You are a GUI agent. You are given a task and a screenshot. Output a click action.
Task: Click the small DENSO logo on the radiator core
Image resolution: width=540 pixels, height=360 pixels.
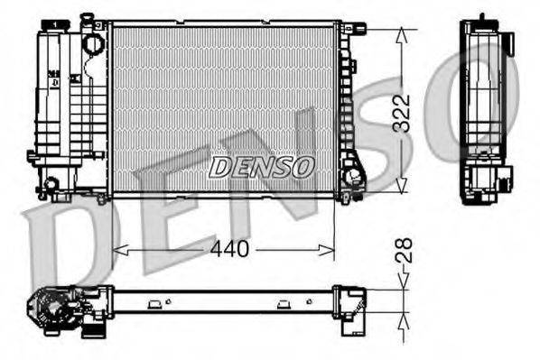(x=261, y=167)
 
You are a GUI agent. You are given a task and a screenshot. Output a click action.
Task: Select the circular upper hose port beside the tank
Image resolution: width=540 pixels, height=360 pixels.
(x=92, y=42)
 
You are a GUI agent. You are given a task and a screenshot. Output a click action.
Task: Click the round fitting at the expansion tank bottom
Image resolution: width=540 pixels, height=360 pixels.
(x=51, y=184)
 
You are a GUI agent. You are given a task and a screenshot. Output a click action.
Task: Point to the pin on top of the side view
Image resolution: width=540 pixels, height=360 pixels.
(x=481, y=16)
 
